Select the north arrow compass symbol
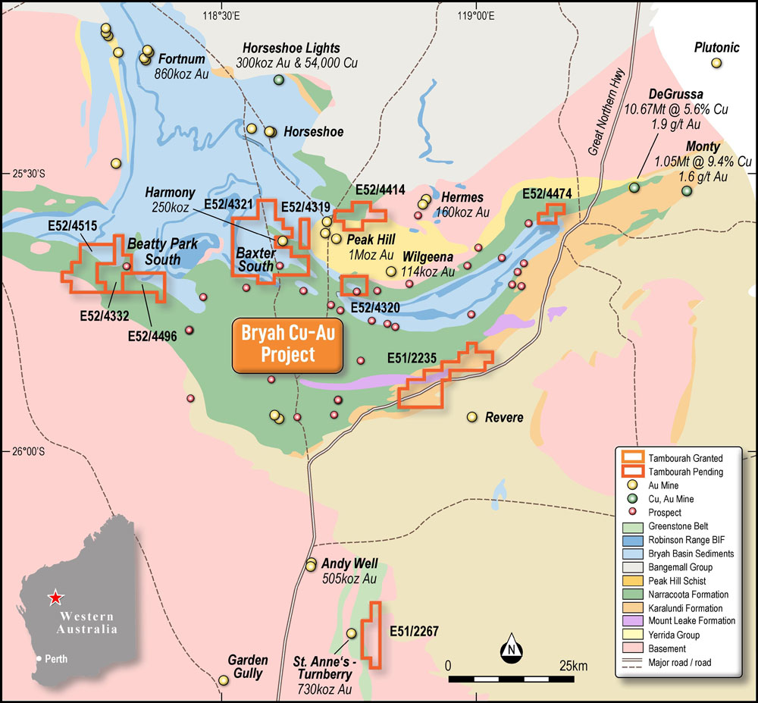[512, 648]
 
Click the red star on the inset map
[55, 598]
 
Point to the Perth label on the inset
[55, 659]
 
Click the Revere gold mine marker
[471, 417]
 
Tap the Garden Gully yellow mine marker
[223, 680]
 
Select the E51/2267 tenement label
[414, 631]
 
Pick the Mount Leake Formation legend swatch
[632, 621]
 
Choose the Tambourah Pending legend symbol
[632, 472]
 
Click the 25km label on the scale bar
[572, 666]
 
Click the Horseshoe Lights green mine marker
[279, 80]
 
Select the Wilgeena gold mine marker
[391, 271]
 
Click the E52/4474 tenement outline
[550, 215]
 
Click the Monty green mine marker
[687, 191]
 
